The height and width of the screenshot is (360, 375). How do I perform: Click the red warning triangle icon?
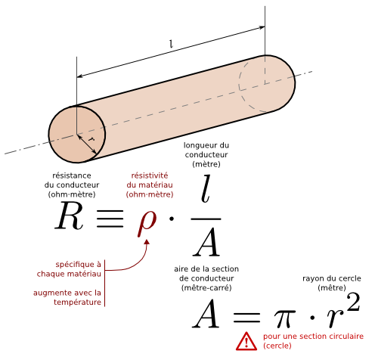(x=246, y=341)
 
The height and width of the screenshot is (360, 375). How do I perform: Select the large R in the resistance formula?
(x=69, y=216)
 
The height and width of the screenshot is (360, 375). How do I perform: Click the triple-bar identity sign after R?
(x=110, y=219)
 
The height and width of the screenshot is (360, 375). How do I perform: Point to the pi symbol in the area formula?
(x=284, y=319)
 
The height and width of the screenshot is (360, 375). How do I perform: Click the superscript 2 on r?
(x=353, y=302)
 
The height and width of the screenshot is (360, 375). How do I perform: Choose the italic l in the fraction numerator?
(x=206, y=189)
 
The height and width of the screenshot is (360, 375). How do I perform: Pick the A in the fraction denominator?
(x=206, y=241)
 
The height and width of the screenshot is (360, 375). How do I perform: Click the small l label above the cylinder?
(x=172, y=44)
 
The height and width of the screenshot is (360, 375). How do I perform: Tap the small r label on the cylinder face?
(x=91, y=138)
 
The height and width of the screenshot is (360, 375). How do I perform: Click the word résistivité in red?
(x=150, y=175)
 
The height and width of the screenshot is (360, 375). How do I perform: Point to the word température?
(x=77, y=302)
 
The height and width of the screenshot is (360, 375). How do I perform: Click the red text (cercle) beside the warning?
(x=277, y=346)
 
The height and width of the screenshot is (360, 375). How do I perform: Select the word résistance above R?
(x=72, y=175)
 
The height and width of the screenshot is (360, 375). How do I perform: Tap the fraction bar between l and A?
(x=206, y=219)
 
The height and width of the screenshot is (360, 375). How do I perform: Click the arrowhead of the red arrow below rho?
(x=147, y=241)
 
